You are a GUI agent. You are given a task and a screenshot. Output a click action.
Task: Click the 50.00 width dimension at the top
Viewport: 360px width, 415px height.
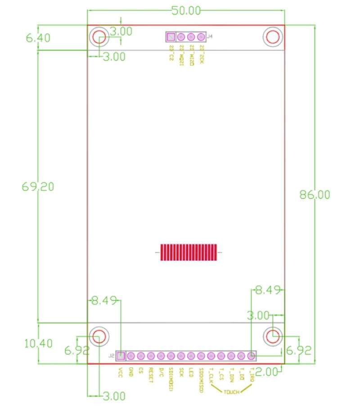pyautogui.click(x=185, y=11)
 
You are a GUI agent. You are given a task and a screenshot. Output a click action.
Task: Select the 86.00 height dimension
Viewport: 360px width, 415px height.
pyautogui.click(x=315, y=194)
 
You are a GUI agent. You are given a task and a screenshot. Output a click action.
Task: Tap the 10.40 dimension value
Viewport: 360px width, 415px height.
pyautogui.click(x=38, y=343)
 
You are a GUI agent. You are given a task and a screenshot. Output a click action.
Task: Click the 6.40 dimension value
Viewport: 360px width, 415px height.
pyautogui.click(x=38, y=38)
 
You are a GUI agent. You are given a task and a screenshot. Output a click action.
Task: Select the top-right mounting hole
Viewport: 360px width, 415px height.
pyautogui.click(x=272, y=37)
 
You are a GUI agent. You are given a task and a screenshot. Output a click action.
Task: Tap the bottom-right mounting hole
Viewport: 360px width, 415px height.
pyautogui.click(x=273, y=336)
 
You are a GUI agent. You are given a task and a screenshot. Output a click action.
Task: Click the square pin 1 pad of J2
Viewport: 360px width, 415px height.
pyautogui.click(x=121, y=356)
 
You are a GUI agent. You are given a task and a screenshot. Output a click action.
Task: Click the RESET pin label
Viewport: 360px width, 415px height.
pyautogui.click(x=151, y=375)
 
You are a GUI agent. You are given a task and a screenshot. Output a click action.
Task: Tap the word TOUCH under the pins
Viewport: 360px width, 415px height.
pyautogui.click(x=232, y=391)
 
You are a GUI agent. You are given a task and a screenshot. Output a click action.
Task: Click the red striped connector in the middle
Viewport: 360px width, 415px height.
pyautogui.click(x=188, y=253)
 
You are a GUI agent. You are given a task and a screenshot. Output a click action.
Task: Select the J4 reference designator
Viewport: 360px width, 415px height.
pyautogui.click(x=210, y=36)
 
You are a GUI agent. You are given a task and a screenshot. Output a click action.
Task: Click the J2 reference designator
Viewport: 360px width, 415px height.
pyautogui.click(x=111, y=356)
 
